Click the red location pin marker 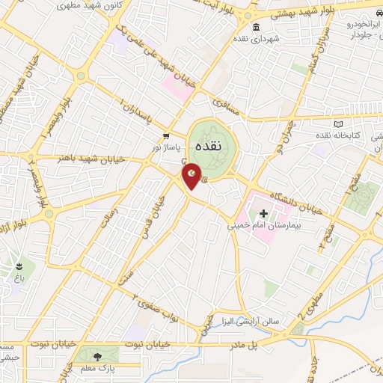pyautogui.click(x=191, y=178)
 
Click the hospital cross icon pyautogui.click(x=263, y=213)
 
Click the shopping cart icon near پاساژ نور pyautogui.click(x=166, y=136)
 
